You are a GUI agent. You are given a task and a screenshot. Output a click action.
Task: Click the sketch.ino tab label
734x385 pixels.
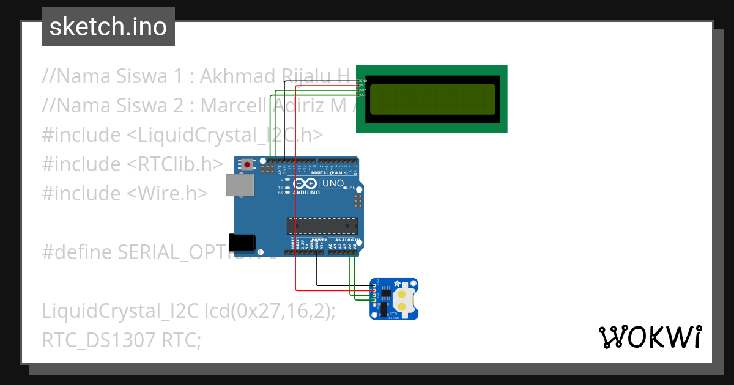coord(108,27)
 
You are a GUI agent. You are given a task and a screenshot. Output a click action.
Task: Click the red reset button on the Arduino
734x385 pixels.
coord(247,164)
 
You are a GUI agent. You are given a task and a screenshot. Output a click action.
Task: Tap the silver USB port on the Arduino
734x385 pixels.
coord(239,185)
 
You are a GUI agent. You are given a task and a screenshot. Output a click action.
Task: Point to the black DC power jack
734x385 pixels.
coord(242,242)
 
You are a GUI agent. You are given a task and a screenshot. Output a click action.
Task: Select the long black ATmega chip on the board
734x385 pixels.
coord(322,226)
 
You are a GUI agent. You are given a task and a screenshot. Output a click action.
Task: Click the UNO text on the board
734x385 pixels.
coord(333,183)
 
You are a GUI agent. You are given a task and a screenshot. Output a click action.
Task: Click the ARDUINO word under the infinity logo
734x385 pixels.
coord(306,193)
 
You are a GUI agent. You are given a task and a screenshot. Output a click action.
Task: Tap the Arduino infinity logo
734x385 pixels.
coord(305,183)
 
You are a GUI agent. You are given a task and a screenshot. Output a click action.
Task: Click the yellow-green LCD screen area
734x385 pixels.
coord(432,100)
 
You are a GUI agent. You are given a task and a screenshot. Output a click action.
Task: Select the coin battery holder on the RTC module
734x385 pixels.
coord(402,299)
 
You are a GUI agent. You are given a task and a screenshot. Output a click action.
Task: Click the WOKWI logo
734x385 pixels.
coord(650,337)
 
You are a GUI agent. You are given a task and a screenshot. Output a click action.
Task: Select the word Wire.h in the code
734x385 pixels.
coord(168,193)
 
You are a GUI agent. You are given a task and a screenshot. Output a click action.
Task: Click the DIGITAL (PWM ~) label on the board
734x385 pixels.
coord(330,173)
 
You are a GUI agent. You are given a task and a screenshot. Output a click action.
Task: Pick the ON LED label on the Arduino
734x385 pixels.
coord(353,188)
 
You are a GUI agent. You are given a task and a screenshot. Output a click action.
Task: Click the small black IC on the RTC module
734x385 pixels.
coord(385,294)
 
